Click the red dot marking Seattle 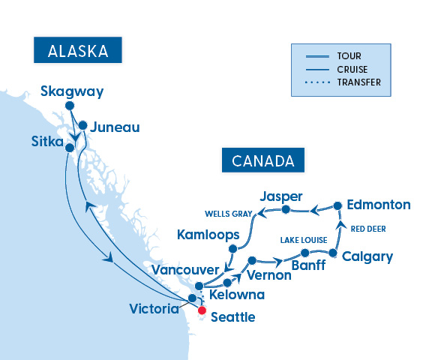coord(202,310)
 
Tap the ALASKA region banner coord(78,51)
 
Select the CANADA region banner coord(262,160)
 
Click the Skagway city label coord(72,92)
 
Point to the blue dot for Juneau coord(83,126)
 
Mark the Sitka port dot coord(69,148)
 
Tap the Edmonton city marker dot coord(337,205)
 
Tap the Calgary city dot coord(333,253)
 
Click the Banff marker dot coord(304,253)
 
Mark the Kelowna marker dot coord(226,284)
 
